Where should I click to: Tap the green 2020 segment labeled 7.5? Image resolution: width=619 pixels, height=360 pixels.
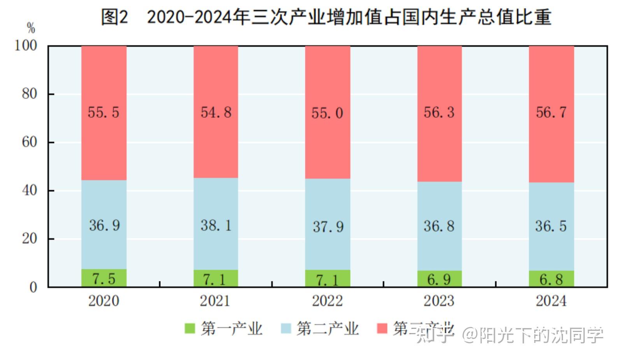tap(104, 278)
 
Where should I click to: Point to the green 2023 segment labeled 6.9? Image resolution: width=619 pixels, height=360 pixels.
tap(439, 279)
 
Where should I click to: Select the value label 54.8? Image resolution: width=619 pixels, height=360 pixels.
tap(216, 112)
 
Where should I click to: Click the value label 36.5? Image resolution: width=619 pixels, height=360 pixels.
tap(551, 226)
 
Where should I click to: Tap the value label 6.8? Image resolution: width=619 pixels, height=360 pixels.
tap(551, 279)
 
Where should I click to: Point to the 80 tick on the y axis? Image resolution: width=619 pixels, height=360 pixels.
tap(30, 94)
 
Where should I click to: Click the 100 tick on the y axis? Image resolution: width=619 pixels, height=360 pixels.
tap(26, 46)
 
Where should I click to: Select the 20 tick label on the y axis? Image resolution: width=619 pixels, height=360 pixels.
tap(30, 239)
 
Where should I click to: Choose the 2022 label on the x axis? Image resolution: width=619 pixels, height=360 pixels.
tap(327, 301)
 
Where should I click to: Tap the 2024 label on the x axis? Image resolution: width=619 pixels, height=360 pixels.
tap(551, 301)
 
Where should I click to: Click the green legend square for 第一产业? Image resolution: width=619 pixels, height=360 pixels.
tap(189, 328)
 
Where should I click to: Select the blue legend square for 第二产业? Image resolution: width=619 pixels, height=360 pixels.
tap(286, 328)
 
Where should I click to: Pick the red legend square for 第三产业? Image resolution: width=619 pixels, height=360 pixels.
tap(382, 328)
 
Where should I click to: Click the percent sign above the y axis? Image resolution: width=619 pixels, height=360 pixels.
tap(31, 28)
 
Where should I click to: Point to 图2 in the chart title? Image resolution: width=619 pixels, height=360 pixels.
tap(115, 17)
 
